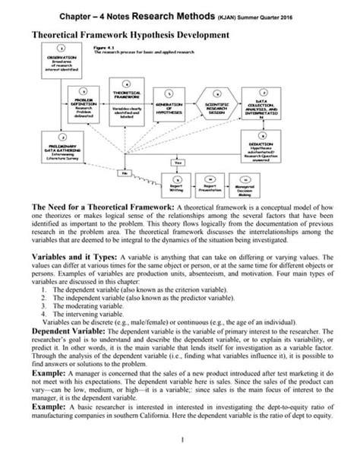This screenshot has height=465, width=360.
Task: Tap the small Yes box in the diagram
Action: pos(179,162)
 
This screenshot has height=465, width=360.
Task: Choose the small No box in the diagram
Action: pos(119,172)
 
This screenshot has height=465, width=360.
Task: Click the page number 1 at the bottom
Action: pos(183,440)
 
